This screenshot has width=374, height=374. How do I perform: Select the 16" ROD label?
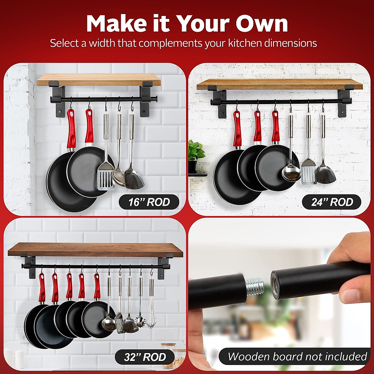click(x=149, y=202)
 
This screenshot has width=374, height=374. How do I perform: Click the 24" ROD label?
click(x=332, y=202)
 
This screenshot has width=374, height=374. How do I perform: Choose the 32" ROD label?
click(x=145, y=357)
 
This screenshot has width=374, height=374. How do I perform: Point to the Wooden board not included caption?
click(x=297, y=356)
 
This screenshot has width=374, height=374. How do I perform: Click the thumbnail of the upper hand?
click(x=354, y=298)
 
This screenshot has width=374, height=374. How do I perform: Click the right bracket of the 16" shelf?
click(x=146, y=100)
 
